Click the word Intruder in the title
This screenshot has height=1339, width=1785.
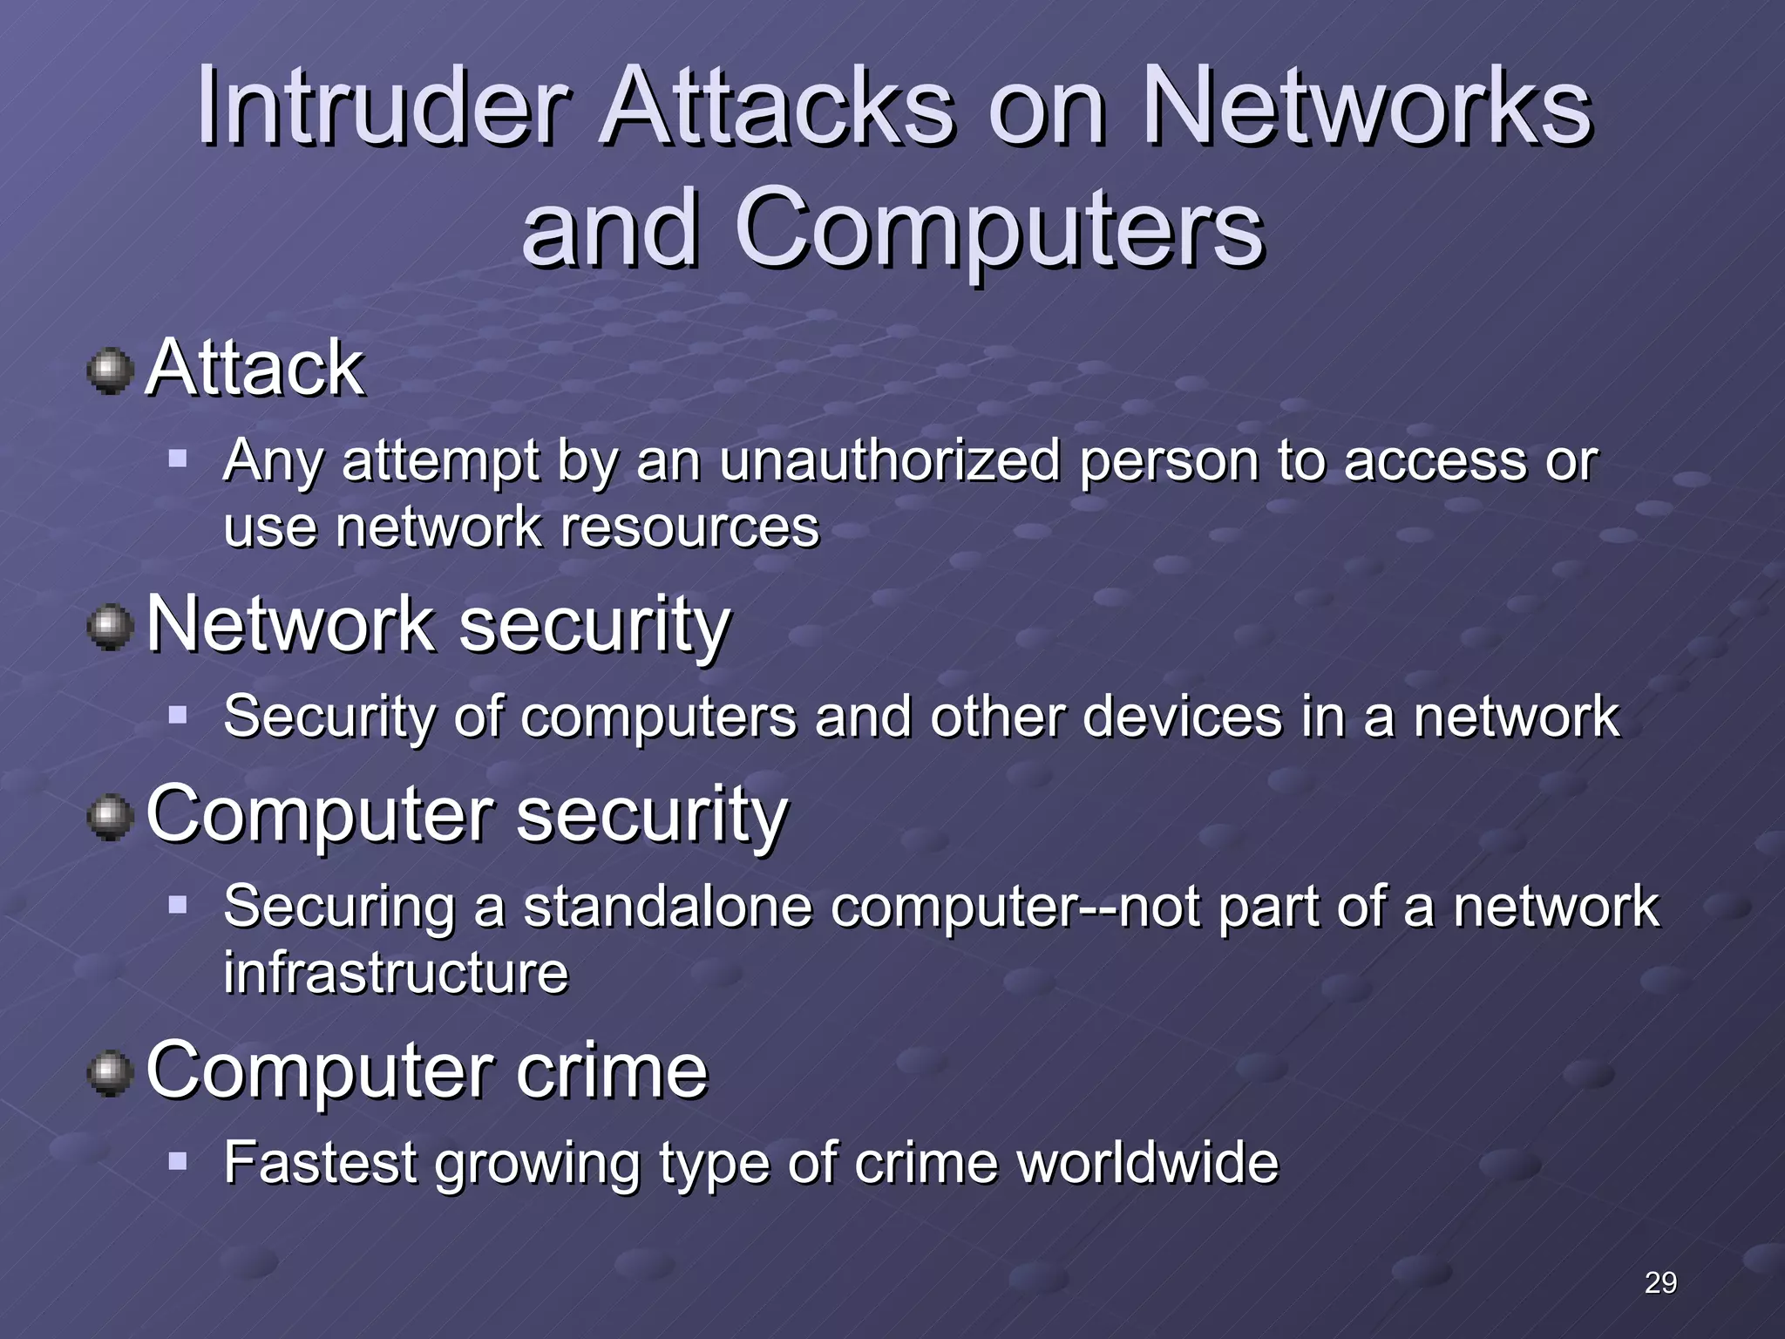[383, 108]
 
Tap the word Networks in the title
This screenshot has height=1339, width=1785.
[1367, 108]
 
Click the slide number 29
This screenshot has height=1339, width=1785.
[1660, 1282]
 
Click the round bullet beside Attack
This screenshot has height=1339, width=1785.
[111, 370]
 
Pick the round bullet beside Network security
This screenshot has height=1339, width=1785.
[111, 628]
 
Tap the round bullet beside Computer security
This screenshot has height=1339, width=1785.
[111, 818]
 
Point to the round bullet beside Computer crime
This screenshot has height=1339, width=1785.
[111, 1073]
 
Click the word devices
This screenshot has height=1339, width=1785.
[1182, 717]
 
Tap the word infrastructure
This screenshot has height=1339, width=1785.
[396, 973]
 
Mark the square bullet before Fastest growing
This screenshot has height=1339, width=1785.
[178, 1161]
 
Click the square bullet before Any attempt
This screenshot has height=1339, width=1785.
[178, 458]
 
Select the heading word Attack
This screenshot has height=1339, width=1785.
[255, 369]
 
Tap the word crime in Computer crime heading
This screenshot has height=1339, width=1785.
[611, 1071]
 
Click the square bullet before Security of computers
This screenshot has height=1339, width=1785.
[178, 715]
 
